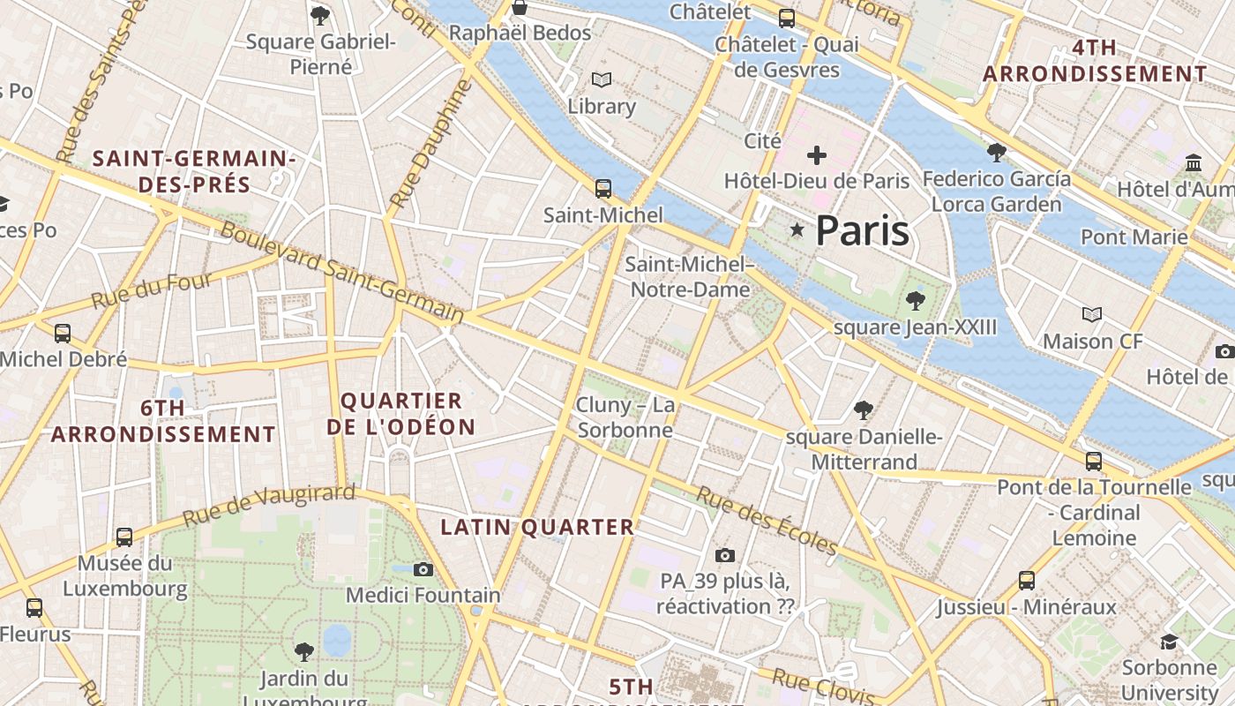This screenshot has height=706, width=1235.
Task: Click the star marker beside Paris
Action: pos(797,230)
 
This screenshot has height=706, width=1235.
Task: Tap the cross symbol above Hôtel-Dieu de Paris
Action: pos(817,156)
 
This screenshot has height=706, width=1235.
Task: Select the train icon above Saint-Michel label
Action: pos(603,189)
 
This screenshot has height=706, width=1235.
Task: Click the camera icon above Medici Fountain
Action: pos(423,569)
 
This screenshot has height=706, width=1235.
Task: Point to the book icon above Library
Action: pos(602,80)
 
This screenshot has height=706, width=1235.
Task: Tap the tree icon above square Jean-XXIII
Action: pos(916,301)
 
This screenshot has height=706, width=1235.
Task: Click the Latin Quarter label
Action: pos(537,528)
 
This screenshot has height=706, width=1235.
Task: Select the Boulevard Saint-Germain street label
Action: pos(341,272)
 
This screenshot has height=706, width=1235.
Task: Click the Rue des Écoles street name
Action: pos(767,521)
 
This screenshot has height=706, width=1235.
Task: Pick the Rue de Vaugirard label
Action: pos(269,505)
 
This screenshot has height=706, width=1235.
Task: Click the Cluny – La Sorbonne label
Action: pos(625,417)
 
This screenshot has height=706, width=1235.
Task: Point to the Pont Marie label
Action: pos(1134,237)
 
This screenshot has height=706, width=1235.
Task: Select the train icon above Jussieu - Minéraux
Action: pos(1027,581)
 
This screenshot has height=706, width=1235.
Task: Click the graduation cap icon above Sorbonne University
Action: pos(1170,642)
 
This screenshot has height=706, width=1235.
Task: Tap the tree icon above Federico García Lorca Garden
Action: pos(997,153)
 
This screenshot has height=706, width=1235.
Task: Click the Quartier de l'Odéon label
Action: pos(401,414)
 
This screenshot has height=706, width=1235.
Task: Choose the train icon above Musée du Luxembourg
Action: pos(124,537)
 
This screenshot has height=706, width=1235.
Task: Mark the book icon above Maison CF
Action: pos(1092,314)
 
